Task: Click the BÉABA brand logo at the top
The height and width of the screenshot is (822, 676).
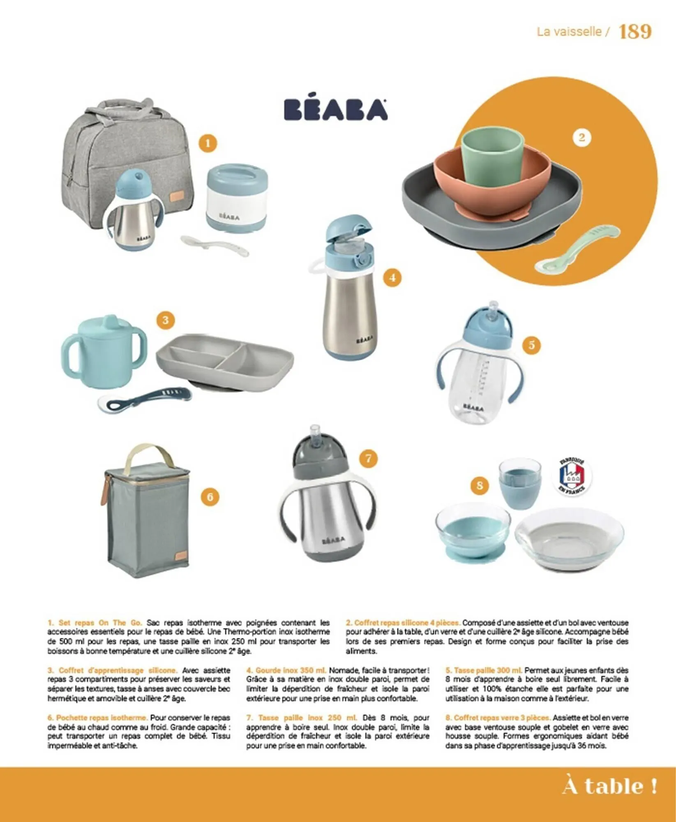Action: [336, 110]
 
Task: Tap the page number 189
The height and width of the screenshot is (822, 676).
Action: [635, 32]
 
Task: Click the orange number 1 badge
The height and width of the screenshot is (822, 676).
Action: [208, 143]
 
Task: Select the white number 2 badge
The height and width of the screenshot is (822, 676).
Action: [581, 137]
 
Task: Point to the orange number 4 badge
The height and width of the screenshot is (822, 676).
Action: [392, 278]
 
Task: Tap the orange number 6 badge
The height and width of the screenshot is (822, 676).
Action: [210, 497]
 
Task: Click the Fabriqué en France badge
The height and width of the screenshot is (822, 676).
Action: [572, 477]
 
